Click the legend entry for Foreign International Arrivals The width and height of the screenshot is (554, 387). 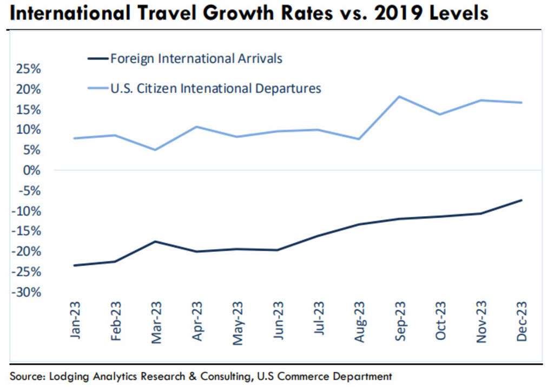196,58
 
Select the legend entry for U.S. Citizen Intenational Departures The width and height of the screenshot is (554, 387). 215,88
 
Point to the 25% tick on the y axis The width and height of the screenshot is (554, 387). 28,69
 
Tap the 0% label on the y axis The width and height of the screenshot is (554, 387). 32,170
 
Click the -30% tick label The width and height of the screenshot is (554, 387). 26,292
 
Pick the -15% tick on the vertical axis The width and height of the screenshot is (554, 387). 26,231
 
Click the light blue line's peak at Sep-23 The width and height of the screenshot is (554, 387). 399,97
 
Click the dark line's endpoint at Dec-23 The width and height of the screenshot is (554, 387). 521,200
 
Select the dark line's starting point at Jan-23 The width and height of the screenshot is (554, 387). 74,265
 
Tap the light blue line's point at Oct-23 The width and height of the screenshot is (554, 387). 439,114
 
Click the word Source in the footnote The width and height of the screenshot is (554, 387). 25,375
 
